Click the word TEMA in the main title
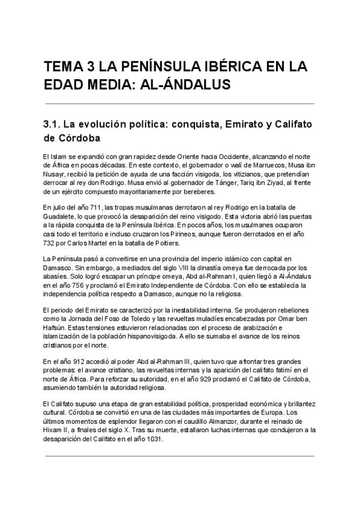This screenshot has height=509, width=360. click(x=64, y=67)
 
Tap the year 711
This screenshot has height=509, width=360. click(x=96, y=207)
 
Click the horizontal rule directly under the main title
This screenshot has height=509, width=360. click(x=179, y=103)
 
